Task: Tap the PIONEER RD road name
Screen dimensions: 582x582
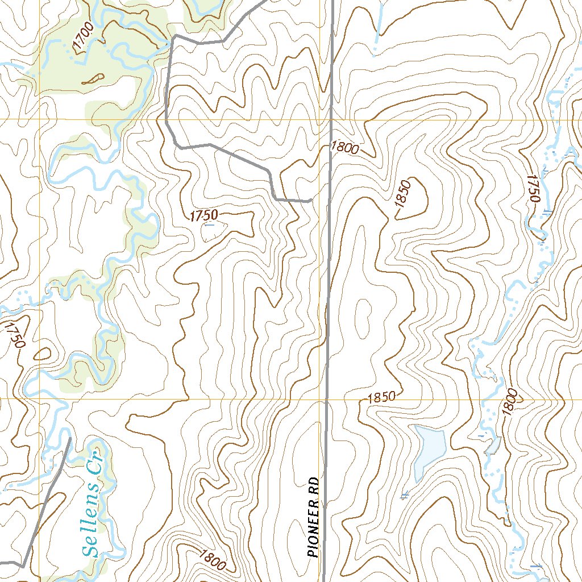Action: pos(313,517)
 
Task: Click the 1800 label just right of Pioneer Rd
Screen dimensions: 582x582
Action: pos(344,149)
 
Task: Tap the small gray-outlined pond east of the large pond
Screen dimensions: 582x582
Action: pos(492,445)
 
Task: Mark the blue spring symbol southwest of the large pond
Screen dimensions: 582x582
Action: pos(405,496)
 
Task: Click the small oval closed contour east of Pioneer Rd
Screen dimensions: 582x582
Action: pos(361,311)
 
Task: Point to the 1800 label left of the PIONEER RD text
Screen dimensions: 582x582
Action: pos(213,560)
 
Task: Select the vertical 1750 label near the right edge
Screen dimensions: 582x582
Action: pos(533,188)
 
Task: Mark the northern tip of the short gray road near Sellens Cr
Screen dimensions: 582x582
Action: pos(69,438)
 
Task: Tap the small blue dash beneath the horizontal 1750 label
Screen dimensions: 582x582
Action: pos(209,225)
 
